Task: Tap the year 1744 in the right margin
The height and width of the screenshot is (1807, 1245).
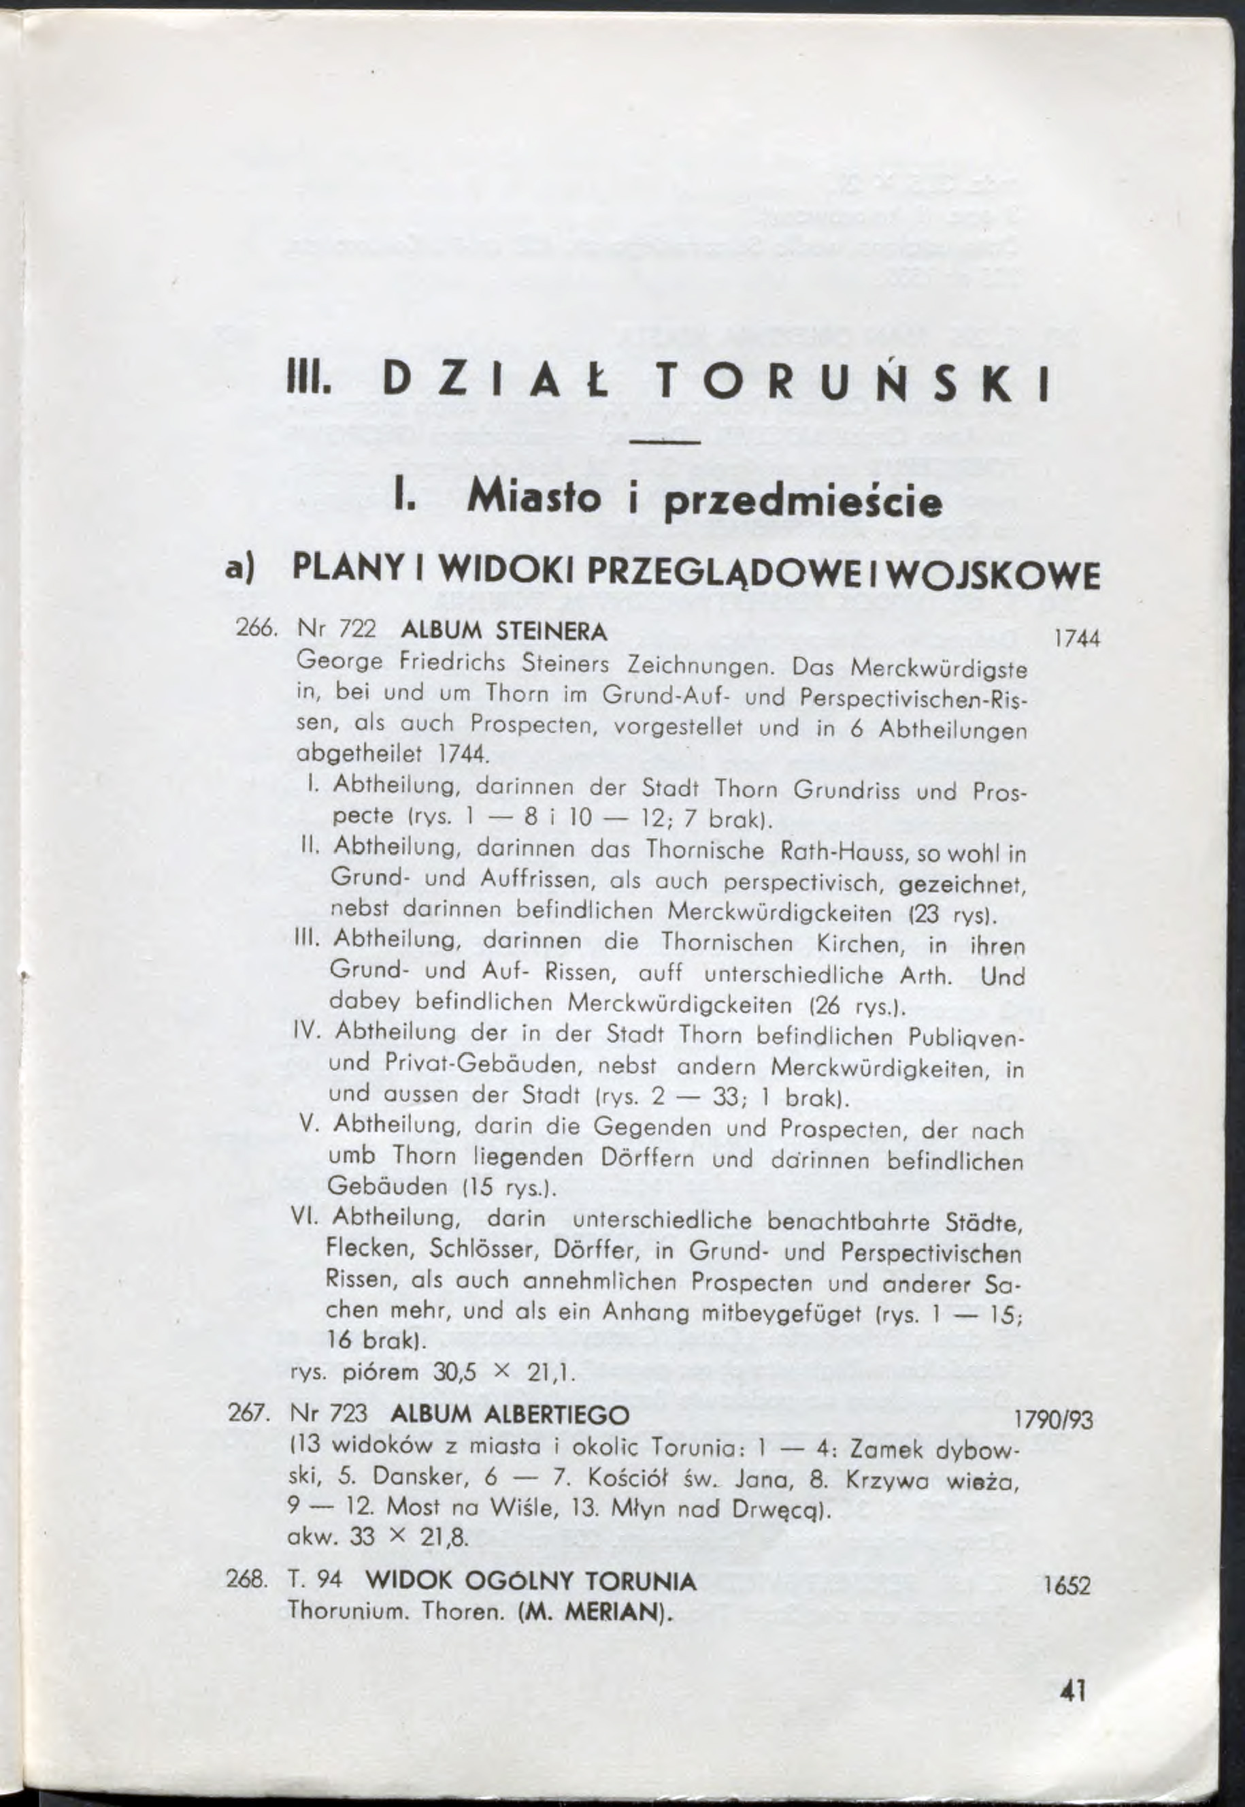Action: [x=1076, y=639]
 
